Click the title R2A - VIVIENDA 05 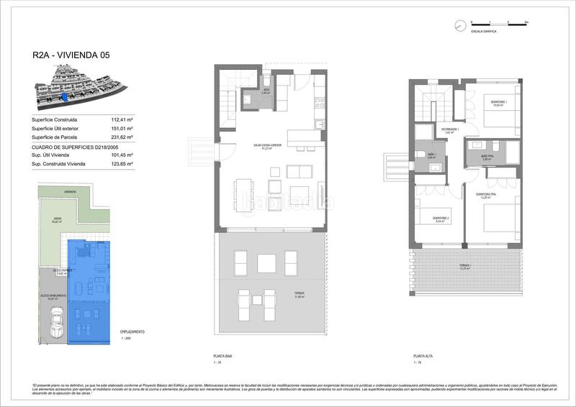coord(71,55)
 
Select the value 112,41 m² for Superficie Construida coord(122,119)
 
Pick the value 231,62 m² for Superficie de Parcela coord(122,137)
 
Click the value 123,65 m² coord(122,165)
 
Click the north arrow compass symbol coord(459,26)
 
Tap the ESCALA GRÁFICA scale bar coord(499,24)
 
